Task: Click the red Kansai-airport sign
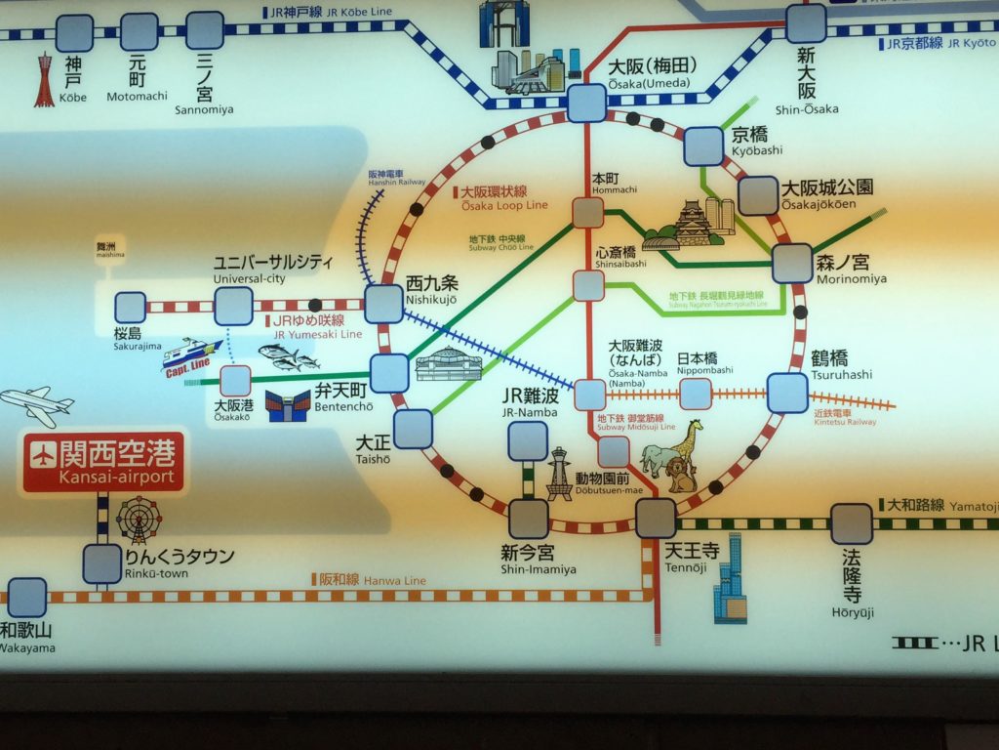tap(102, 462)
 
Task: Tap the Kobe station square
tap(74, 34)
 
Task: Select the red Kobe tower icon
tap(44, 80)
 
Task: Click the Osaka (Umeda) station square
tap(586, 103)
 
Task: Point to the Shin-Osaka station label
tap(806, 95)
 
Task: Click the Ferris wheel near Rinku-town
tap(139, 519)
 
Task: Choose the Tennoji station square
tap(656, 519)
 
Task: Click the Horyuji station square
tap(852, 523)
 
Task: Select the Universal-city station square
tap(234, 306)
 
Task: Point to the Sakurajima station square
tap(130, 308)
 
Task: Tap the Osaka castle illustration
tap(695, 223)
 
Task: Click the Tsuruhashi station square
tap(787, 393)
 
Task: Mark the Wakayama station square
tap(27, 597)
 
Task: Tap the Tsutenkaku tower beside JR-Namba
tap(559, 474)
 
